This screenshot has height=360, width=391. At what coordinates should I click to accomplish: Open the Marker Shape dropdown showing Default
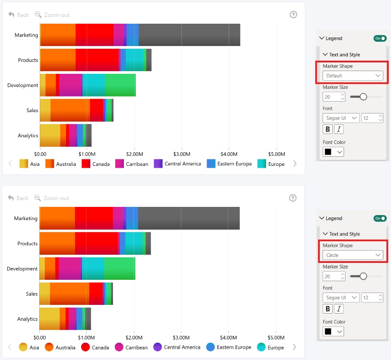pos(353,76)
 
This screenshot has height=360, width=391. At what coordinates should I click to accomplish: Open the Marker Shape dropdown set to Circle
pos(353,255)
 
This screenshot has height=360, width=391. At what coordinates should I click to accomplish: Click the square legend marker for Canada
pos(86,164)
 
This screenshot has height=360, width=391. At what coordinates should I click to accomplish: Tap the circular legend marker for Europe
pos(261,347)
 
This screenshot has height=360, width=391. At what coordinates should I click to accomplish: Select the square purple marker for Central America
pos(158,164)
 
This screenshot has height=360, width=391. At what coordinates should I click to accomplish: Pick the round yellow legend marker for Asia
pos(23,347)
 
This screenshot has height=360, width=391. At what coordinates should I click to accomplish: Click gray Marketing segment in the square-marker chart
pos(189,35)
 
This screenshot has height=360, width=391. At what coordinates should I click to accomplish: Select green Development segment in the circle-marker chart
pos(120,268)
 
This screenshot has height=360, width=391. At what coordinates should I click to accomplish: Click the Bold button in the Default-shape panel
pos(328,129)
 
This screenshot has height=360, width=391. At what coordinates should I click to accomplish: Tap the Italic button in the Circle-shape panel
pos(339,309)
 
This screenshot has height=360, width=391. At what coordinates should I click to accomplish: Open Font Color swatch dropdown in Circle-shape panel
pos(333,331)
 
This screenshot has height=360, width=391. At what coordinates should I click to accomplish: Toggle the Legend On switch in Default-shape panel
pos(380,38)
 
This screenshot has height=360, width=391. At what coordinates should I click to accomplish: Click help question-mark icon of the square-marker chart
pos(293,15)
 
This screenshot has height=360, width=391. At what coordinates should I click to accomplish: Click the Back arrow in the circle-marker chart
pos(11,198)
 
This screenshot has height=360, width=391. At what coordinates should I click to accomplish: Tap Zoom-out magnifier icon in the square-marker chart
pos(38,15)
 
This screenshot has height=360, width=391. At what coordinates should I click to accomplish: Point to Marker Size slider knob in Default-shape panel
pos(363,97)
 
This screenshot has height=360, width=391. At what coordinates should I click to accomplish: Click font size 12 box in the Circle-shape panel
pos(372,298)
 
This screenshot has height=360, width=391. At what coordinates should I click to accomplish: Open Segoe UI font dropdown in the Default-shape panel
pos(341,118)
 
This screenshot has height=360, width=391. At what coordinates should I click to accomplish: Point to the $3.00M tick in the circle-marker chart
pos(181,338)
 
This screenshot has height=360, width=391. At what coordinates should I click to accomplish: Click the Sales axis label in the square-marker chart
pos(32,110)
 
